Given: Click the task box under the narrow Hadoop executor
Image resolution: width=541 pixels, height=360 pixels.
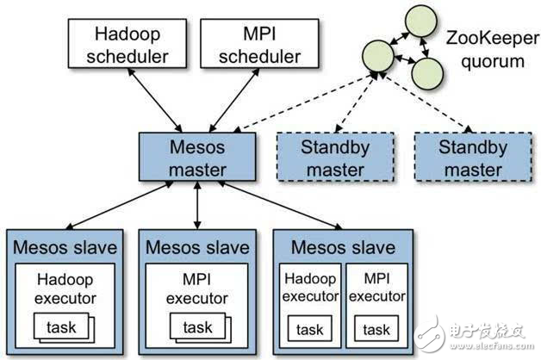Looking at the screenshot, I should [310, 330].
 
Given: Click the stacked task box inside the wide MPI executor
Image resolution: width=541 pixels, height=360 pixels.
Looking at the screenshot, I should [197, 328].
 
